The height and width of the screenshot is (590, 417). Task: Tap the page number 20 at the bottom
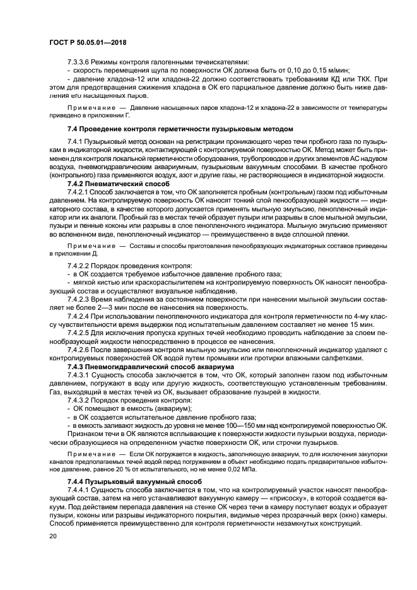53,537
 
